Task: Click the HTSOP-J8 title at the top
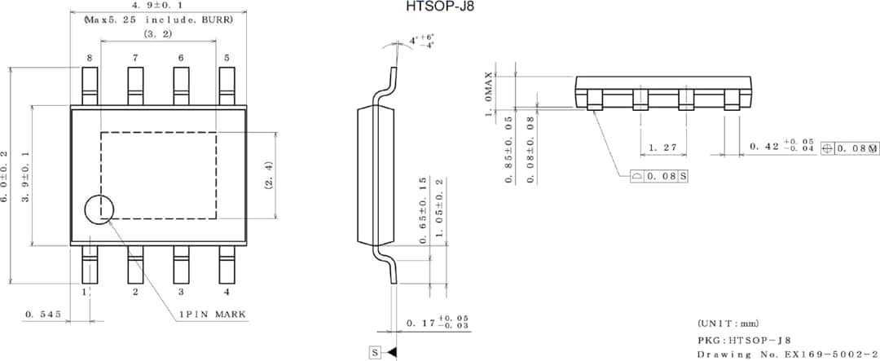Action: pos(440,7)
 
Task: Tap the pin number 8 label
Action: pos(90,58)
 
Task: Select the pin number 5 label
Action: pos(227,58)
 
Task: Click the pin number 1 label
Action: pos(84,292)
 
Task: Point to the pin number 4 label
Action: pos(227,292)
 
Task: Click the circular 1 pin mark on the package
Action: pos(100,210)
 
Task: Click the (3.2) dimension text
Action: pos(157,34)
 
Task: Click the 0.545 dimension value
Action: pos(42,314)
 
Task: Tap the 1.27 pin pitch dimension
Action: pos(663,147)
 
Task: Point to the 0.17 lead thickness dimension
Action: pos(438,324)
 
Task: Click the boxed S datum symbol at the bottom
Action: pos(375,353)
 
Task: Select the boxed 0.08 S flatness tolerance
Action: pos(660,176)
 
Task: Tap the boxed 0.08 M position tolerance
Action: pos(850,148)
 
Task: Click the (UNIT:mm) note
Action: pos(728,324)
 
